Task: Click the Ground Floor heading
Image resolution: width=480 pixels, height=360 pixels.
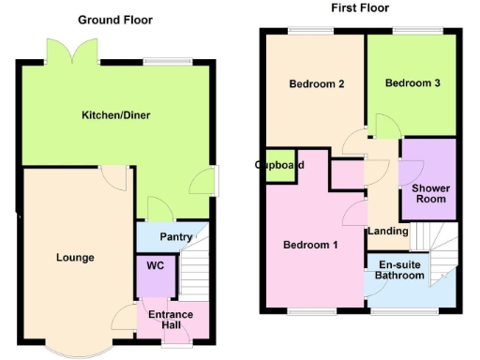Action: tap(116, 20)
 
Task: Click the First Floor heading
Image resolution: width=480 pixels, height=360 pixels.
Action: tap(360, 7)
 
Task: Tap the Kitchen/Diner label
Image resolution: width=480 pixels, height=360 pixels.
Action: tap(116, 115)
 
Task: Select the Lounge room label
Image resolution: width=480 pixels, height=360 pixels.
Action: tap(75, 257)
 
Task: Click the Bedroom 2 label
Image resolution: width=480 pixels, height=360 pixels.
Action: tap(316, 84)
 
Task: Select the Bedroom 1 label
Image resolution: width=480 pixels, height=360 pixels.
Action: tap(311, 246)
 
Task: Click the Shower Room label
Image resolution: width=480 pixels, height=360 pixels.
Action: tap(430, 193)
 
